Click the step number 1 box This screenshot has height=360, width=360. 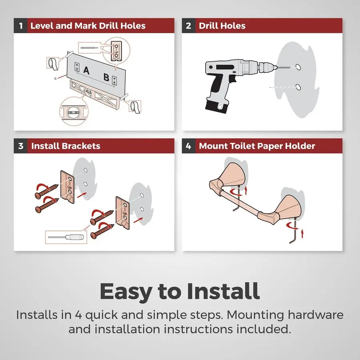pos(21,26)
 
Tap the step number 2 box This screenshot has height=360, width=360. pos(188,26)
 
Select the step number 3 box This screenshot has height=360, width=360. pos(21,146)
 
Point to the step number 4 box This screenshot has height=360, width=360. pos(188,146)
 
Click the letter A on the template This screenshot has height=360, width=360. pos(86,70)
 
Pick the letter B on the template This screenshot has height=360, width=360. pos(106,77)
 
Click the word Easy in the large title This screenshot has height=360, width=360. pos(125,292)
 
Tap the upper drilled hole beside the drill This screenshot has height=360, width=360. pos(298,67)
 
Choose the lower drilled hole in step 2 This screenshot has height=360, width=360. pos(298,87)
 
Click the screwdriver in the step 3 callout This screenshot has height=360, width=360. pos(66,237)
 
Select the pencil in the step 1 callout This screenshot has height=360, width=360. pos(89,48)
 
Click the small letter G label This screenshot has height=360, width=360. pos(55,78)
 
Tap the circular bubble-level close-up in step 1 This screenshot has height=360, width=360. pos(74,111)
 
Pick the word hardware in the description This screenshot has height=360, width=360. pos(316,315)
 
